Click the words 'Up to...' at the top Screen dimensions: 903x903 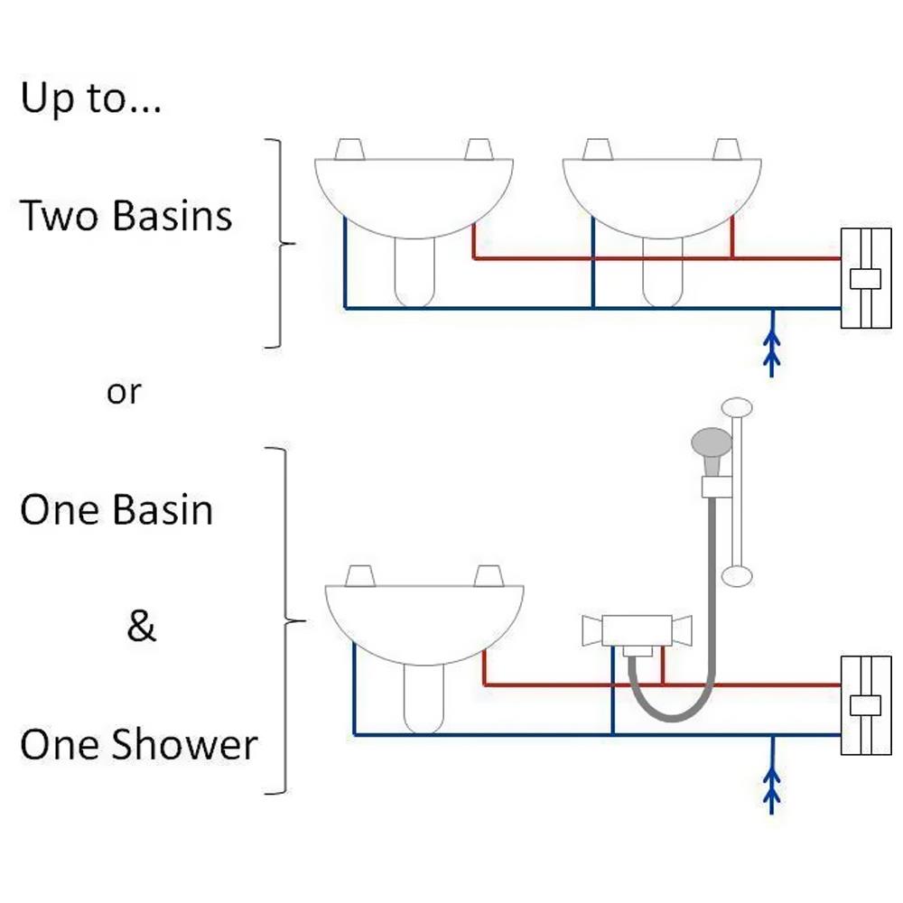[x=91, y=98]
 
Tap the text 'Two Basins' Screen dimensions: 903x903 [x=126, y=217]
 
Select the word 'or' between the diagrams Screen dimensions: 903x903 [x=124, y=393]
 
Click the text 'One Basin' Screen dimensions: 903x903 [x=116, y=510]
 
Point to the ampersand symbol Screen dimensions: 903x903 [x=141, y=626]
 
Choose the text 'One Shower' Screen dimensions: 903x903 [x=138, y=746]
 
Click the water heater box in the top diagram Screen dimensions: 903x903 [x=865, y=278]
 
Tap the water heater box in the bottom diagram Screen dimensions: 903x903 [x=865, y=705]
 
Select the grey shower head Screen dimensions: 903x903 [x=712, y=442]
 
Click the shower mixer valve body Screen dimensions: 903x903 [x=636, y=628]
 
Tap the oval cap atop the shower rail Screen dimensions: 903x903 [x=738, y=407]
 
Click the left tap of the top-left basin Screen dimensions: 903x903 [x=349, y=149]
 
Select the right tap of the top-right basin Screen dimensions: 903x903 [x=727, y=149]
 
